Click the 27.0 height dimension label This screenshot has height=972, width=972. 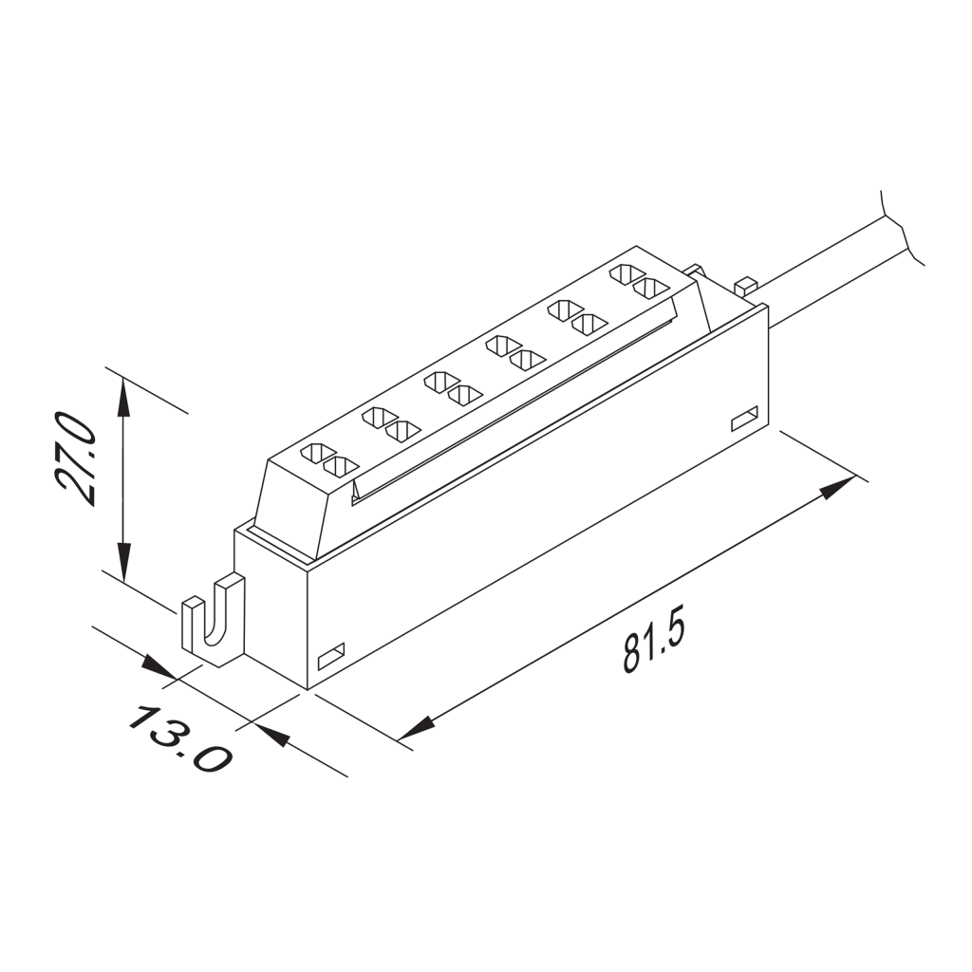[x=76, y=458]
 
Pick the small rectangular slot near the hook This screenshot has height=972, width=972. [x=330, y=655]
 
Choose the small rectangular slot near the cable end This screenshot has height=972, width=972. [x=744, y=418]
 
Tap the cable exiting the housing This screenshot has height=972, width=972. [x=826, y=271]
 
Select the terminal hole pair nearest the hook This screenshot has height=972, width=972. [x=329, y=459]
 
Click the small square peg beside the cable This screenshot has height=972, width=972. [x=746, y=284]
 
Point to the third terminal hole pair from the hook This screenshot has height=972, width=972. [x=453, y=388]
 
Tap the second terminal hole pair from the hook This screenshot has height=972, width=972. [x=390, y=423]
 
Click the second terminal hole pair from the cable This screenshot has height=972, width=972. [x=576, y=317]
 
